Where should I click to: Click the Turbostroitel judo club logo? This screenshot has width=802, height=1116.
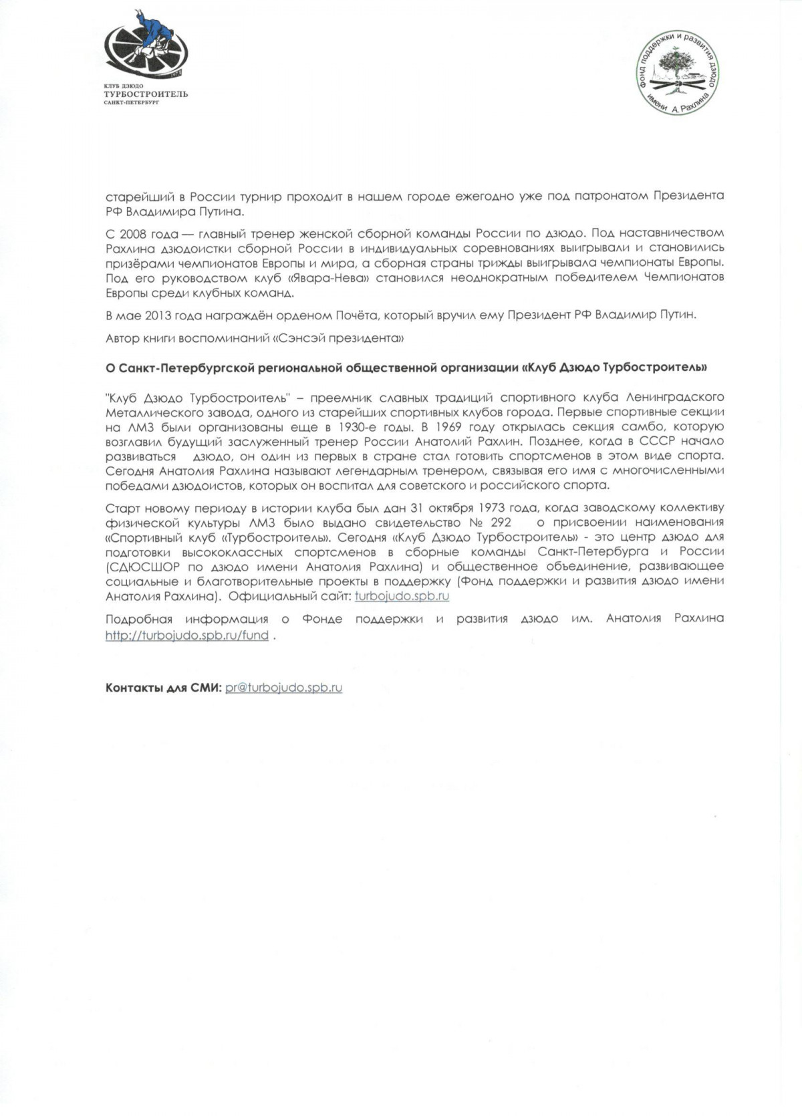tap(146, 50)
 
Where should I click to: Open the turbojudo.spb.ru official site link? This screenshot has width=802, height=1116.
tap(402, 596)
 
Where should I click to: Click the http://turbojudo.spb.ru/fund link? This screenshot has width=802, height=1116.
tap(187, 636)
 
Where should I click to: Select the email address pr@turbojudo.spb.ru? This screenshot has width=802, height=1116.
tap(284, 688)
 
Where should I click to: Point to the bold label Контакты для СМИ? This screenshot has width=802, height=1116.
tap(163, 688)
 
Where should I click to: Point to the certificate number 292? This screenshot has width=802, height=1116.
tap(501, 523)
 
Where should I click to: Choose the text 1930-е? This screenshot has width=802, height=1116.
tap(358, 426)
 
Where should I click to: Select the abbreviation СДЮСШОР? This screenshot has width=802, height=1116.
tap(137, 567)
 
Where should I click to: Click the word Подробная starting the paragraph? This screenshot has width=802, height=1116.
tap(139, 619)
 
